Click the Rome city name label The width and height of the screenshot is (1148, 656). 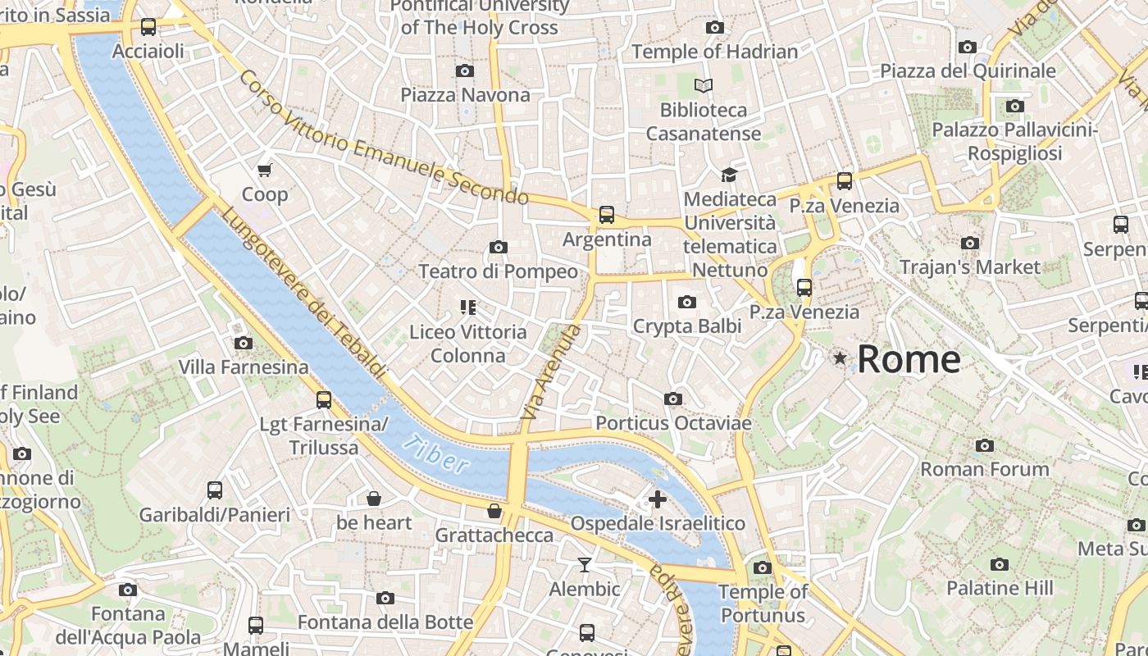coord(909,359)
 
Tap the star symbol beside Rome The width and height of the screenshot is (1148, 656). coord(840,358)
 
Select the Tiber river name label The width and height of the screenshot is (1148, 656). coord(435,453)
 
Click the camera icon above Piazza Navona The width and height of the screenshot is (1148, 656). coord(465,71)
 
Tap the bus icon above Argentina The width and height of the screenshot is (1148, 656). coord(606,215)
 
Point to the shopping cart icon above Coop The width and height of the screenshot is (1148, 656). coord(264,171)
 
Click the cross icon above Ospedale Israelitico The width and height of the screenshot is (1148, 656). coord(657,499)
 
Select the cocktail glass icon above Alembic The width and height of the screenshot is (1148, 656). coord(584,565)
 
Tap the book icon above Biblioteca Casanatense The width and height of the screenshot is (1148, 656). coord(704,85)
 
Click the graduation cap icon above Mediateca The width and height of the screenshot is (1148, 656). coord(729,175)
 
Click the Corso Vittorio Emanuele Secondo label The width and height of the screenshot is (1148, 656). coord(384,138)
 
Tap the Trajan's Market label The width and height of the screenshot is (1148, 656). coord(969,267)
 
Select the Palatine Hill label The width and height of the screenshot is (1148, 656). coord(999,588)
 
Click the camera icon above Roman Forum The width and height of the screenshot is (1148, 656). coord(984,446)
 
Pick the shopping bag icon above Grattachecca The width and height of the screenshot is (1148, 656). coord(494,512)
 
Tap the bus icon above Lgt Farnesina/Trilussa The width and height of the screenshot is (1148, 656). coord(324,400)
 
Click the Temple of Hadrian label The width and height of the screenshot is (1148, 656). coord(714,52)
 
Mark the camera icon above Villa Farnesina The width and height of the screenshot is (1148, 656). coord(243,344)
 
